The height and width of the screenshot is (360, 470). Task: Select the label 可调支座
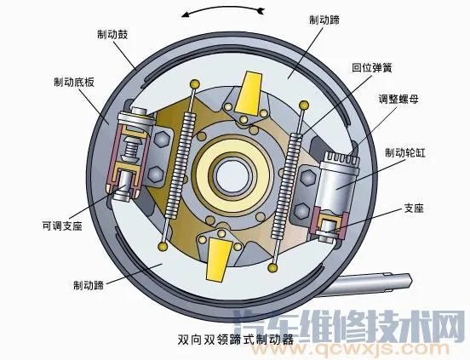pyautogui.click(x=63, y=226)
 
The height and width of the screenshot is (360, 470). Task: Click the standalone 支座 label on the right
pyautogui.click(x=412, y=209)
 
